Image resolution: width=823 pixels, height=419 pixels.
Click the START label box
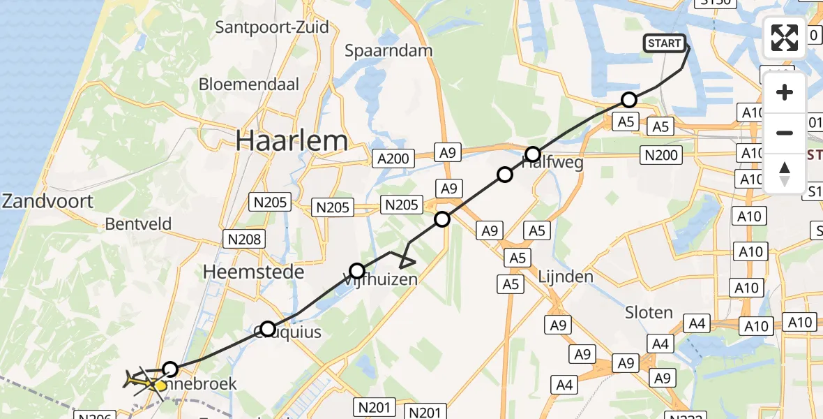pos(664,43)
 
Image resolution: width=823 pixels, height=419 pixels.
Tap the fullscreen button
pos(785,37)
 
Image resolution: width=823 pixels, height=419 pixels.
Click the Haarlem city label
pos(292,141)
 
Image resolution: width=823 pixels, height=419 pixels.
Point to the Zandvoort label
pos(47,202)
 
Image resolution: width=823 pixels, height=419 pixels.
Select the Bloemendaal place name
pos(249,84)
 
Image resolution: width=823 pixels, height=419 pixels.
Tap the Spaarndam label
pos(389,51)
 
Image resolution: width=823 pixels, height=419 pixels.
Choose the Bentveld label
pos(138,224)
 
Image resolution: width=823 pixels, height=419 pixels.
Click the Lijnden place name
pos(566,277)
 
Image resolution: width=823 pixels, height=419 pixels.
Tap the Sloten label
pos(649,312)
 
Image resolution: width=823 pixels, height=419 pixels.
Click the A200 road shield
pos(393,159)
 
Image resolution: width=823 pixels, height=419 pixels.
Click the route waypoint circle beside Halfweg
pos(533,154)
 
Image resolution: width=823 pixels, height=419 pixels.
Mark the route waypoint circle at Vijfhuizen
pos(357,271)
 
